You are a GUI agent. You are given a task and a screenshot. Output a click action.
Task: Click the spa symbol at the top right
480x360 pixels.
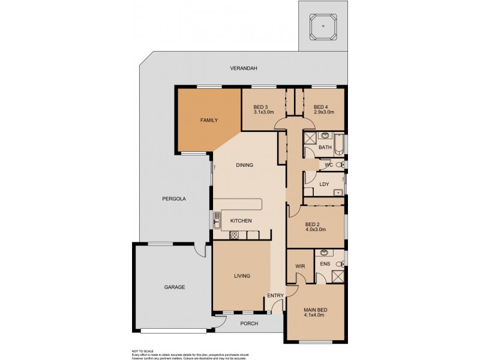tap(323, 26)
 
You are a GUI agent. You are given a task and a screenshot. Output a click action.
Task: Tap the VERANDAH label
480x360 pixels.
tap(244, 68)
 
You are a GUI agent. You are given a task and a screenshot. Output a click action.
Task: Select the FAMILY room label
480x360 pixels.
tap(209, 120)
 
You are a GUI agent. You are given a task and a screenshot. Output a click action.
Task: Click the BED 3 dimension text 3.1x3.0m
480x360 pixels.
tap(263, 112)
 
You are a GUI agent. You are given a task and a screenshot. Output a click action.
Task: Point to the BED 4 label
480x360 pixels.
tap(321, 107)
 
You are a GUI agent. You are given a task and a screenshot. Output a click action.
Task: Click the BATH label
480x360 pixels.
tap(325, 147)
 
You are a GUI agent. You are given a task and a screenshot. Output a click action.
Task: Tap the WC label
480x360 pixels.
tap(328, 164)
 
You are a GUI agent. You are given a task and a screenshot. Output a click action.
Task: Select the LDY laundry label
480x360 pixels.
tap(325, 184)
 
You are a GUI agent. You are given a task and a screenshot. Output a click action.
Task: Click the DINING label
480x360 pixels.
tap(244, 165)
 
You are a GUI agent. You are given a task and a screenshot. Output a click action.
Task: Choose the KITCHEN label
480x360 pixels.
tap(241, 221)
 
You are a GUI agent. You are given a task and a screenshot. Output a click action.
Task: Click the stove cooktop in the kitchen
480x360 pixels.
tap(235, 235)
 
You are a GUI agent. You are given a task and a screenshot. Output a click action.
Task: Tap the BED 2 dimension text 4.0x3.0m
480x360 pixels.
tap(316, 229)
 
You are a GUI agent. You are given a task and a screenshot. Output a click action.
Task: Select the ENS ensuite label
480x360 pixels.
tap(325, 263)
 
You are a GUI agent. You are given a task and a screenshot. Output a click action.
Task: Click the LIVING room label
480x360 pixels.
tap(242, 276)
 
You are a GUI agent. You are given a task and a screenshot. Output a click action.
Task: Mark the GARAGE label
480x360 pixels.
tap(175, 287)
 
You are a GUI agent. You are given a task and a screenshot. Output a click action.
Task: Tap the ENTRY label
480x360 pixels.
tap(275, 295)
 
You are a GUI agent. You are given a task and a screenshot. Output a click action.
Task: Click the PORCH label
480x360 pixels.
tap(249, 323)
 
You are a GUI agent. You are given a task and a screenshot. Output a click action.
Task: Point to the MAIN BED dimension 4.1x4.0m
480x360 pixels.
tap(314, 315)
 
